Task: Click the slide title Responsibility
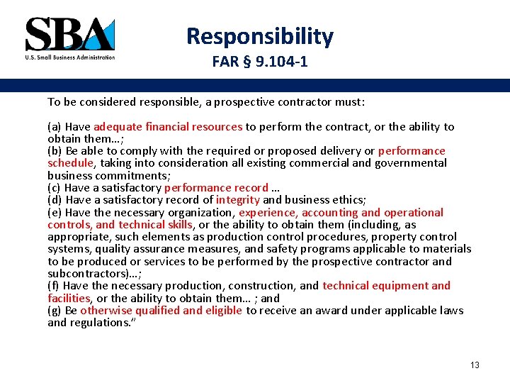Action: click(259, 35)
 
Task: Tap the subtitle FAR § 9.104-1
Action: click(259, 62)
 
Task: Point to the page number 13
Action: click(475, 365)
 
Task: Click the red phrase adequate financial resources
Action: click(168, 127)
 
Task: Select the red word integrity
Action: click(238, 200)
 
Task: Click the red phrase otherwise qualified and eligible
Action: click(161, 311)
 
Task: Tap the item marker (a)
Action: click(55, 127)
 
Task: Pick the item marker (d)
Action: click(55, 200)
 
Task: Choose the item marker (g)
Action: click(55, 311)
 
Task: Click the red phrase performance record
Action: click(216, 188)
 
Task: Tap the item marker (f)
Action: click(54, 286)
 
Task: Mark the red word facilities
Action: click(69, 299)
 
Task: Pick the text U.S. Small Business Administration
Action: click(69, 57)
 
